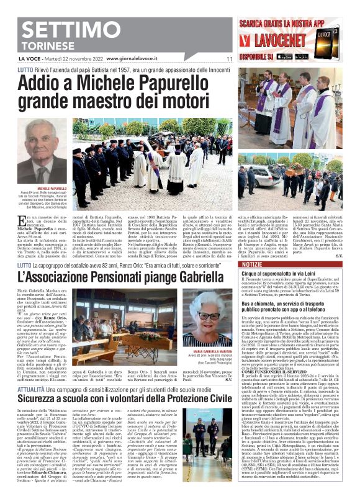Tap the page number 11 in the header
click(229, 59)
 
